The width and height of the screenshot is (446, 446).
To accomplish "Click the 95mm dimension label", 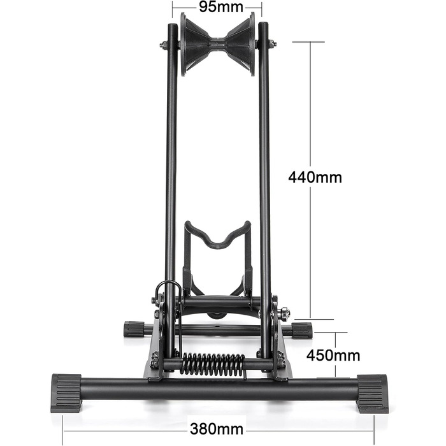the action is point(220,7).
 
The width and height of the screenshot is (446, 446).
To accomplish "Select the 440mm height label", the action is point(315,177).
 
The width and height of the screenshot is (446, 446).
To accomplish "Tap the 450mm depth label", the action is point(333,356).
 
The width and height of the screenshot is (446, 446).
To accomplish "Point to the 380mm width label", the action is point(217,429).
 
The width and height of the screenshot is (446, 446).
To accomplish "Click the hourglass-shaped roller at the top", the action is point(218,45).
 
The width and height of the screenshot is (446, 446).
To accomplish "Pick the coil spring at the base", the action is point(213,364).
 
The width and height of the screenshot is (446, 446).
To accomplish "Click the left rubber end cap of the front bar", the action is point(66,393).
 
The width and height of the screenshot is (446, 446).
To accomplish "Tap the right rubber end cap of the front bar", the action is point(372,394).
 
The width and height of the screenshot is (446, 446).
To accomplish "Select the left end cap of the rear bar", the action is point(134,329).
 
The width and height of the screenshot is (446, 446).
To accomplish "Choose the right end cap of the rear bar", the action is point(302,330).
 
